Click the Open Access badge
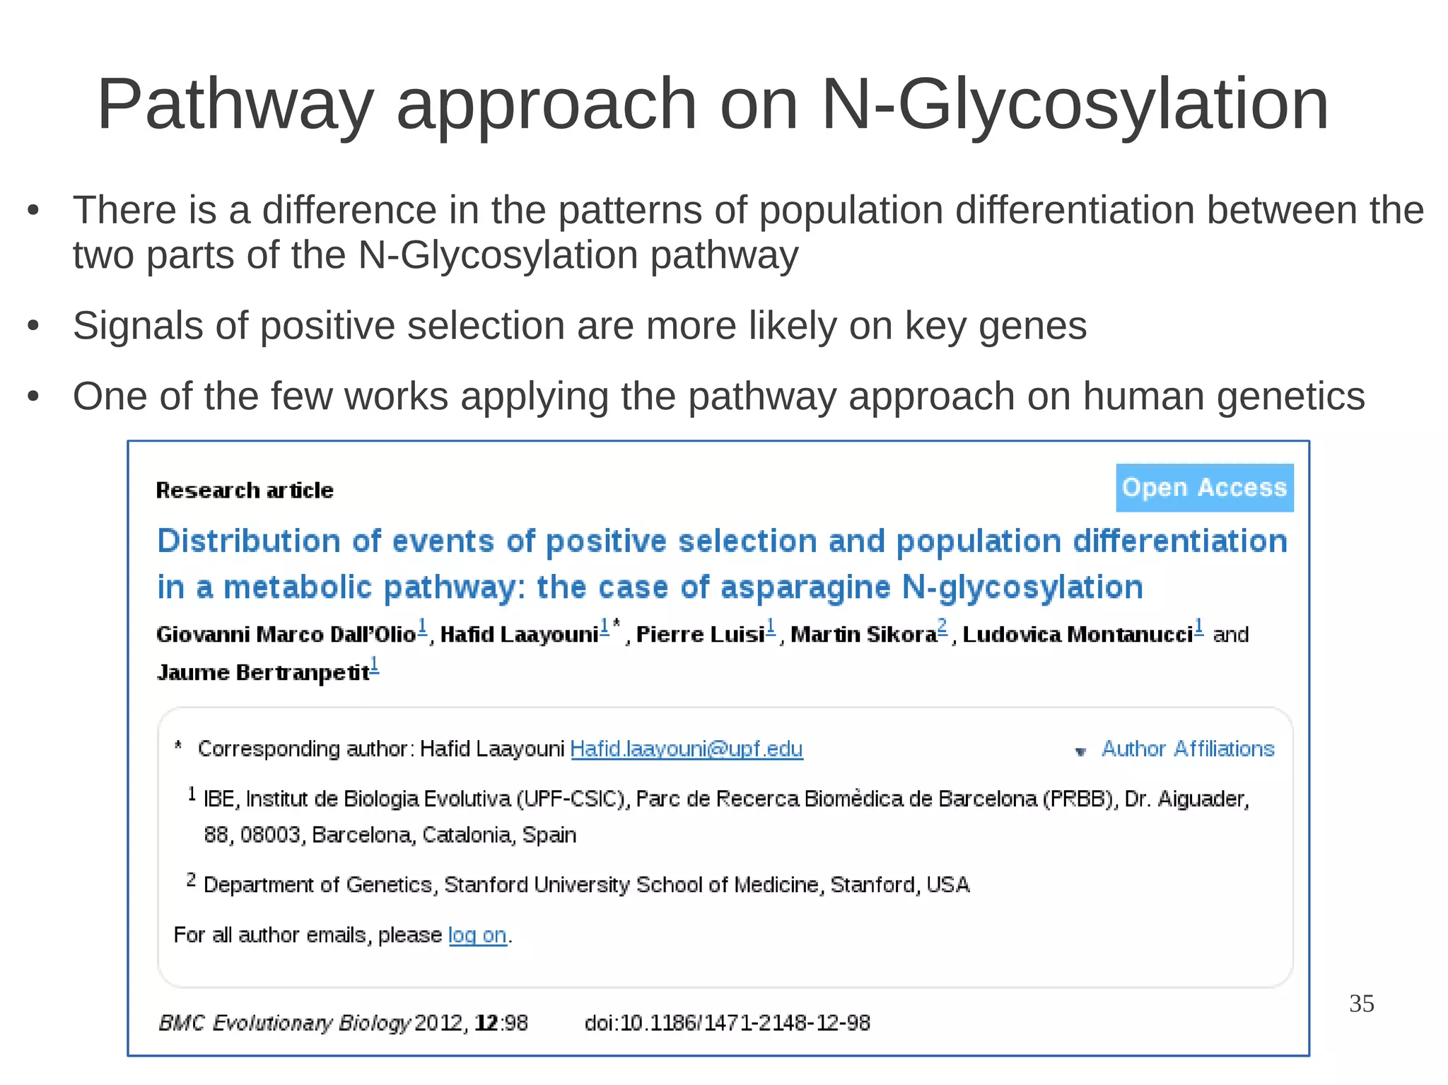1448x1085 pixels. pos(1204,488)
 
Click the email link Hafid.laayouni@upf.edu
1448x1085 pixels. pos(686,749)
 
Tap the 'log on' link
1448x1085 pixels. pos(477,935)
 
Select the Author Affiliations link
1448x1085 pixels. pos(1187,749)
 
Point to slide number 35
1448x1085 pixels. pos(1361,1004)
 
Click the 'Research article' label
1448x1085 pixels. pos(245,491)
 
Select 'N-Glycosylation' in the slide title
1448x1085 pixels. pos(1075,105)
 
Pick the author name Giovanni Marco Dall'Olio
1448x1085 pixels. pos(286,635)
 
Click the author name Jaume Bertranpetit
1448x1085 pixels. pos(263,672)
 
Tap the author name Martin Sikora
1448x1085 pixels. pos(863,635)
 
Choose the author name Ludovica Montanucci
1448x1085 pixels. pos(1078,635)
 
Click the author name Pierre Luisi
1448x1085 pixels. pos(700,635)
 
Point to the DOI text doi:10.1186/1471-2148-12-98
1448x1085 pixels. pos(727,1023)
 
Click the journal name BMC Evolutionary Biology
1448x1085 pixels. pos(284,1023)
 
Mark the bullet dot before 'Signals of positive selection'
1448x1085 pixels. pos(33,327)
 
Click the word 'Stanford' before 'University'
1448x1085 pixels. pos(486,885)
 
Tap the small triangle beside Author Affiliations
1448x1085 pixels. pos(1080,751)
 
